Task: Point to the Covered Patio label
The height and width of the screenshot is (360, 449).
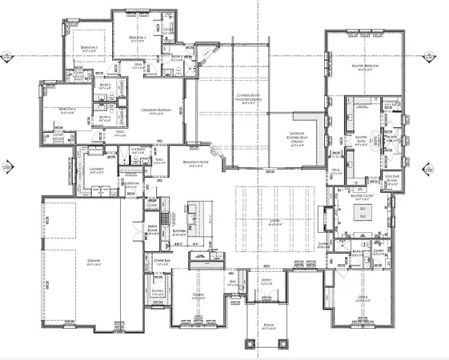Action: (x=249, y=98)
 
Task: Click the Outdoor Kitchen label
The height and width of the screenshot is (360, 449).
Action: (x=295, y=139)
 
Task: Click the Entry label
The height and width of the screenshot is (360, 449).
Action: (x=265, y=279)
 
